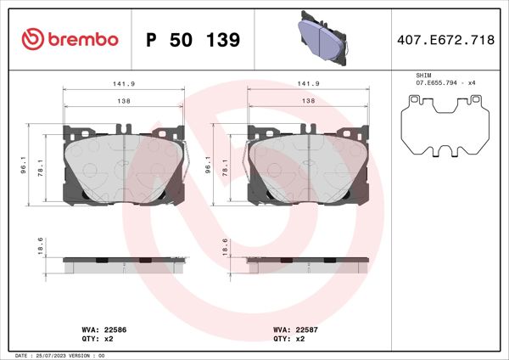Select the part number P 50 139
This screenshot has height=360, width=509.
(x=193, y=40)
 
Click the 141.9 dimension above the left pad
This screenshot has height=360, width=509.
(x=124, y=84)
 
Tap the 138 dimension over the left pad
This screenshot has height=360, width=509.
(x=124, y=101)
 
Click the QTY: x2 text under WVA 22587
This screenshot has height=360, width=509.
(x=290, y=338)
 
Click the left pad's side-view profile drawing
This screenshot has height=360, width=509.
(x=124, y=262)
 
